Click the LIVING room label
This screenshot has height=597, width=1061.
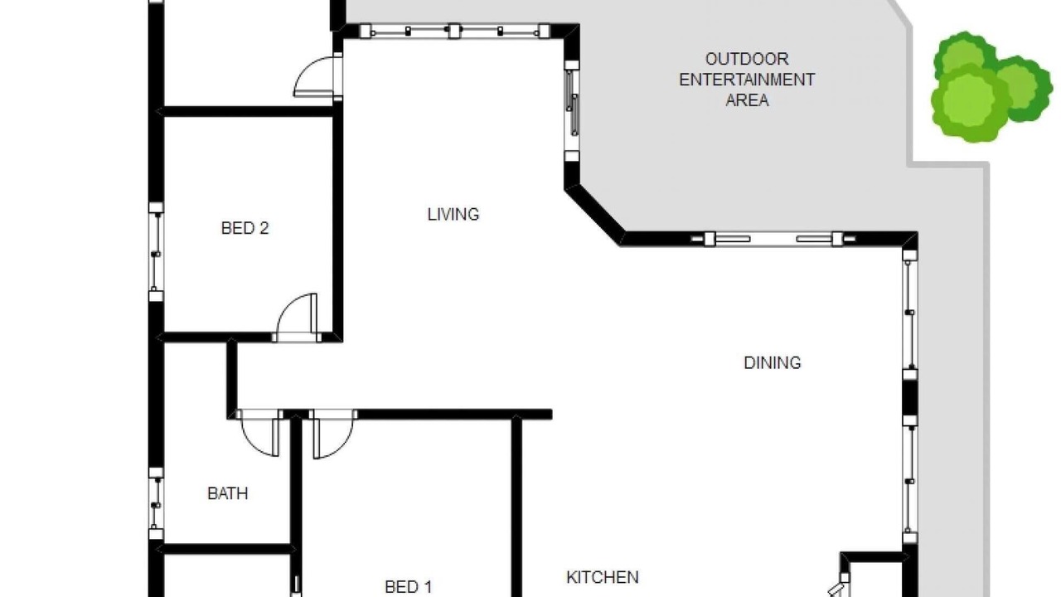(453, 215)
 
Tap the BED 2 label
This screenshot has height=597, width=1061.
(245, 228)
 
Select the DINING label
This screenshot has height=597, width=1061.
(772, 363)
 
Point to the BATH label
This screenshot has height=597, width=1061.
(227, 493)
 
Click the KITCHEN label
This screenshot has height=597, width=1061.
(603, 577)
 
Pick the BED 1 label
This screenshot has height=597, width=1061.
(409, 587)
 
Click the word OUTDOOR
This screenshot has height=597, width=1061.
(747, 59)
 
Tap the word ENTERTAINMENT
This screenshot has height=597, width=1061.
(747, 80)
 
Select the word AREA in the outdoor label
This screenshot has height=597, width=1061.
(747, 100)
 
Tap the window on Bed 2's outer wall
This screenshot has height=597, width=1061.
(156, 252)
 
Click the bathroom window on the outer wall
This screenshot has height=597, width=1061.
(156, 503)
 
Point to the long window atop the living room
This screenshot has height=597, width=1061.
(454, 32)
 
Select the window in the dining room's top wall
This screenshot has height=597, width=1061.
(773, 239)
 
